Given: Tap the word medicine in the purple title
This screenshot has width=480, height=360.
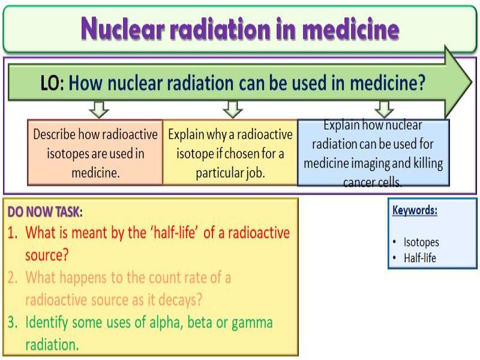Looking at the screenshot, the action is (350, 29).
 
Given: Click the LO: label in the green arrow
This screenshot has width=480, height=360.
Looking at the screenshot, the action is (52, 83).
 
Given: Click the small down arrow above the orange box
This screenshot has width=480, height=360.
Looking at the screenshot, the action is (99, 109).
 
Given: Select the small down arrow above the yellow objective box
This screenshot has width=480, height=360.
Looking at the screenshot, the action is (233, 109).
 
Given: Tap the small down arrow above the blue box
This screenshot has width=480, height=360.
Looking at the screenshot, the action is (385, 109).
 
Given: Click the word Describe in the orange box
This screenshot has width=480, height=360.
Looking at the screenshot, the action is (54, 134).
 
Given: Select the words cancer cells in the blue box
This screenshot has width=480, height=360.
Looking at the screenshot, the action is (372, 182).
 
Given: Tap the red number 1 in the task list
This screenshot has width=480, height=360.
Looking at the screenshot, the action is (12, 233).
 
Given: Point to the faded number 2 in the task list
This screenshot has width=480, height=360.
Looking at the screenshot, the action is (12, 278).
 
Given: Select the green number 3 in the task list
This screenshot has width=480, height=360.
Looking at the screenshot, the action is (12, 322).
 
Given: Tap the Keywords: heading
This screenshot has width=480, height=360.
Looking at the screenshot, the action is (415, 211).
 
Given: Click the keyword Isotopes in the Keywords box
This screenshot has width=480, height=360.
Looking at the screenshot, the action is (421, 242).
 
